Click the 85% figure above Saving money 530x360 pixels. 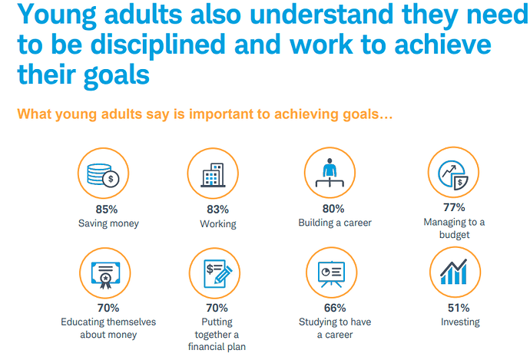click(107, 210)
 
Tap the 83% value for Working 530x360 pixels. click(217, 210)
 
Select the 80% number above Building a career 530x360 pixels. click(333, 209)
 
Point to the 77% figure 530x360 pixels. click(454, 207)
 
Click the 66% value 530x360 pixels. click(335, 308)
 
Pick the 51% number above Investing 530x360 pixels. click(459, 308)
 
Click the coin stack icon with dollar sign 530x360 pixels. click(103, 175)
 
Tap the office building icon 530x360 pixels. click(213, 175)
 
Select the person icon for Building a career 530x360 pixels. click(330, 173)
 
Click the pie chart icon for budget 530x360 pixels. click(453, 175)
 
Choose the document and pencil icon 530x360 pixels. click(218, 273)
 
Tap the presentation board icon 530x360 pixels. click(331, 274)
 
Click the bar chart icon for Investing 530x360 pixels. click(454, 272)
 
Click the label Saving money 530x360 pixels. click(108, 223)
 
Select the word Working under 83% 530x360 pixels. click(218, 224)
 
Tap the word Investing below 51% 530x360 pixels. click(460, 322)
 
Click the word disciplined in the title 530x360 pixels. click(158, 45)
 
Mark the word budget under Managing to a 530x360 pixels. click(454, 234)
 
